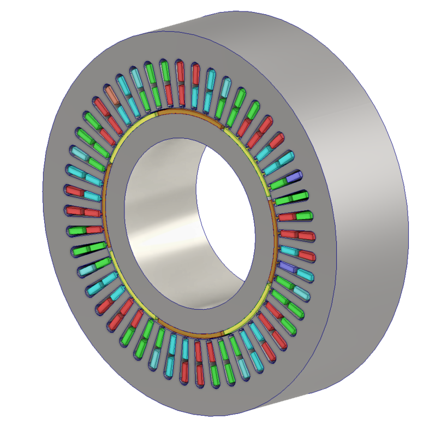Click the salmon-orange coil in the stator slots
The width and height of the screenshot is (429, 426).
click(111, 93)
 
